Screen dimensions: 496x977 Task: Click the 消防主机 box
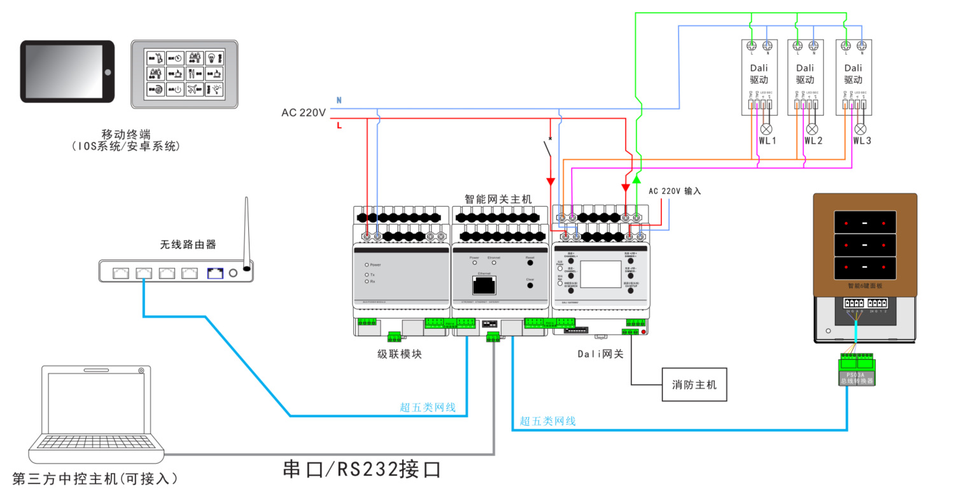(x=694, y=385)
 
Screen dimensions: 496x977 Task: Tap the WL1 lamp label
(x=768, y=141)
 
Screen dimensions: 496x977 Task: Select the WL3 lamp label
(x=862, y=141)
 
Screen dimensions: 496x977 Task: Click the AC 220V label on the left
(x=304, y=113)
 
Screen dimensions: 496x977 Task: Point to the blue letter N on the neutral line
(x=339, y=100)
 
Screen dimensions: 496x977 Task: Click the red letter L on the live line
(x=339, y=126)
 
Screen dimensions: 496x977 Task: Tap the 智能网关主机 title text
(x=498, y=199)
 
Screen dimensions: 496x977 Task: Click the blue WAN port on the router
(x=215, y=273)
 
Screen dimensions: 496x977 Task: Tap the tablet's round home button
(x=108, y=72)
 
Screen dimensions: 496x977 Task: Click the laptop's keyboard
(x=95, y=441)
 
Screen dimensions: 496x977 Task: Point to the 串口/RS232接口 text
(x=362, y=470)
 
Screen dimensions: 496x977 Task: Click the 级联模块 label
(x=399, y=354)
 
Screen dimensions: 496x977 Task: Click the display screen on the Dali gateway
(x=600, y=274)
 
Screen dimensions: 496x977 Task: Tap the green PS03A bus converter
(x=856, y=369)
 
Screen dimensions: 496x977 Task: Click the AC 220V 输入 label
(x=675, y=191)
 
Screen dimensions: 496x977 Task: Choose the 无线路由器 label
(x=188, y=244)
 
